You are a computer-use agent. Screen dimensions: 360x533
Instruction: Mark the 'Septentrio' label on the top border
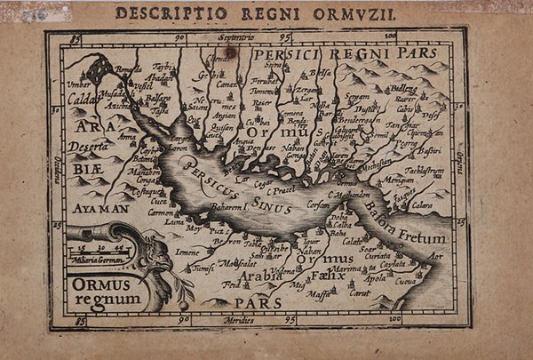[232, 38]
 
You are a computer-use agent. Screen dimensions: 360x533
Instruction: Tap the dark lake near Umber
[98, 68]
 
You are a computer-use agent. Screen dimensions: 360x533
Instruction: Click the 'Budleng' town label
[403, 88]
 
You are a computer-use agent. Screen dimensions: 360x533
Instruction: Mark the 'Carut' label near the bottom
[359, 292]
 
